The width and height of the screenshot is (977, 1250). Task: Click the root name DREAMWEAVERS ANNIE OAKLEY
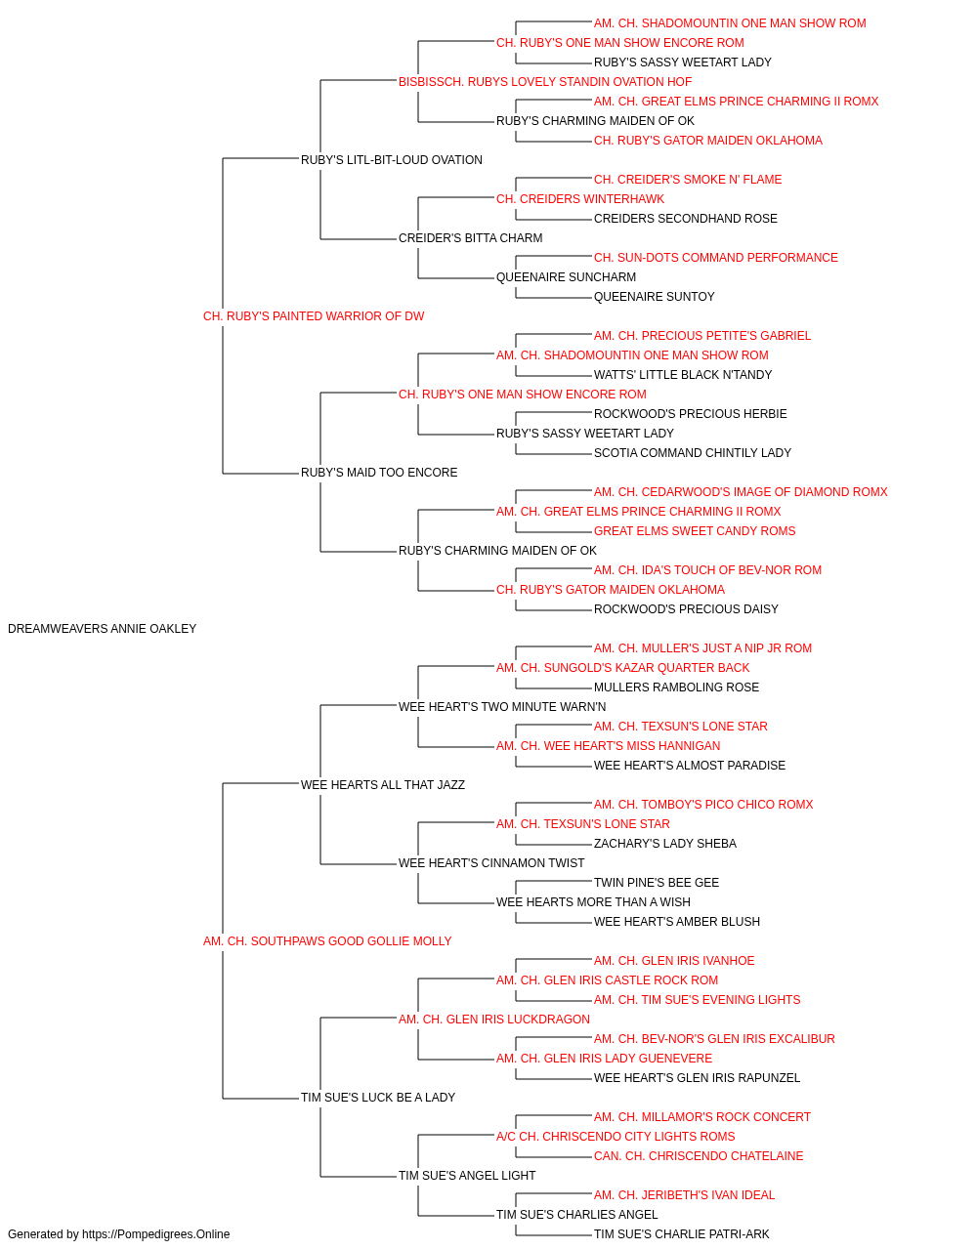click(x=102, y=629)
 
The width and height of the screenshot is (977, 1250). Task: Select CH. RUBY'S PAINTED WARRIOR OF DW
click(x=314, y=316)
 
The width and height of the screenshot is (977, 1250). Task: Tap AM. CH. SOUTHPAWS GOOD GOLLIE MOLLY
click(x=327, y=941)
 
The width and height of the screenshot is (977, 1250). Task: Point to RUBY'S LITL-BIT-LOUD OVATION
click(x=391, y=160)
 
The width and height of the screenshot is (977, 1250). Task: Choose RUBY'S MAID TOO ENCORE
click(x=379, y=473)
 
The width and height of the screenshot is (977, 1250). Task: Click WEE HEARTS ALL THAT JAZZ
click(x=383, y=784)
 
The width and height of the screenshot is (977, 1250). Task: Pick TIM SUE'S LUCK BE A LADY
click(x=378, y=1097)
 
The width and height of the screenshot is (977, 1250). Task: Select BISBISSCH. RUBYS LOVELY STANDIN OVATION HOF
click(x=545, y=82)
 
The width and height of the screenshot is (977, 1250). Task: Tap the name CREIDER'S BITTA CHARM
click(x=470, y=238)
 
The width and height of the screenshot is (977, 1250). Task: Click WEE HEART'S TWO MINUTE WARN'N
click(x=502, y=706)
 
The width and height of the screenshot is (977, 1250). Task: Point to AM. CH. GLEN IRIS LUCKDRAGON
click(x=494, y=1019)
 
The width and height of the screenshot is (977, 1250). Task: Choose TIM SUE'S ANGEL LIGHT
click(x=467, y=1175)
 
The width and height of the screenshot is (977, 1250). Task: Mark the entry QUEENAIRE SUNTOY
click(x=655, y=297)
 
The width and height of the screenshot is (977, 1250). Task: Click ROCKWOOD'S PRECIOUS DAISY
click(x=686, y=609)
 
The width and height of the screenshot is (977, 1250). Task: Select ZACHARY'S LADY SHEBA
click(x=665, y=844)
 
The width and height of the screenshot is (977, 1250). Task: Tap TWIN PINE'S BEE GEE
click(x=657, y=883)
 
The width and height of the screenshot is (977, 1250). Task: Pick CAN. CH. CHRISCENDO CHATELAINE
click(x=699, y=1155)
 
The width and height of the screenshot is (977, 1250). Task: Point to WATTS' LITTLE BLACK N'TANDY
click(x=683, y=374)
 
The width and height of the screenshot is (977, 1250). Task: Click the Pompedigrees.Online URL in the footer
click(x=156, y=1234)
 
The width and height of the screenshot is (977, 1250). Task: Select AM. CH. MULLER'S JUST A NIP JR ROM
click(x=702, y=648)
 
